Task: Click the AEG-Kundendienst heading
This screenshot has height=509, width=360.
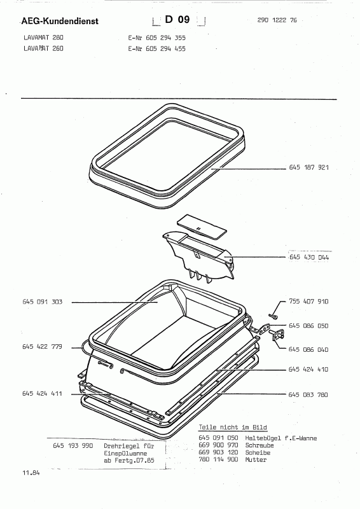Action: pos(60,21)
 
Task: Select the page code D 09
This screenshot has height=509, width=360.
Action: pos(177,20)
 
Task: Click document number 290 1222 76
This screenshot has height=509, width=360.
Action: pos(277,20)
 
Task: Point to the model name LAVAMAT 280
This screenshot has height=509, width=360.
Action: pos(43,38)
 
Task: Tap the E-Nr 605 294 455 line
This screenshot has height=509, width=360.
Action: pos(157,49)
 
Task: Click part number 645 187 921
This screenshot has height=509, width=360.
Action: pos(308,167)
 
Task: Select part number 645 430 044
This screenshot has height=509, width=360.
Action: pos(309,258)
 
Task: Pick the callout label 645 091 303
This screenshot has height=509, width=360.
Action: pos(42,302)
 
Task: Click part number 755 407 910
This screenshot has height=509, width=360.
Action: pos(308,302)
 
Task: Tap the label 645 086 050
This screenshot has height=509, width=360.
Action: pos(308,326)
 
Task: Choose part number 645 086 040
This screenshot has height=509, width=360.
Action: pos(308,349)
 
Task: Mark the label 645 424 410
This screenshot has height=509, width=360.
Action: pos(308,370)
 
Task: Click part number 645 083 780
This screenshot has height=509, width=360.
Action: pos(308,394)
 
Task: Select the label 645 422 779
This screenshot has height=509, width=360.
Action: pos(42,347)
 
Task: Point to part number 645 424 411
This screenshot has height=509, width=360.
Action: pos(42,394)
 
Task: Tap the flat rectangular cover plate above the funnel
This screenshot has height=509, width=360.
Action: pos(202,227)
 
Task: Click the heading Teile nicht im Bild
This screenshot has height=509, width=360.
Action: pos(233,428)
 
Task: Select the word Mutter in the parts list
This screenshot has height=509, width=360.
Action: pos(256,459)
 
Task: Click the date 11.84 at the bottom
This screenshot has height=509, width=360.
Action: pos(31,473)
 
